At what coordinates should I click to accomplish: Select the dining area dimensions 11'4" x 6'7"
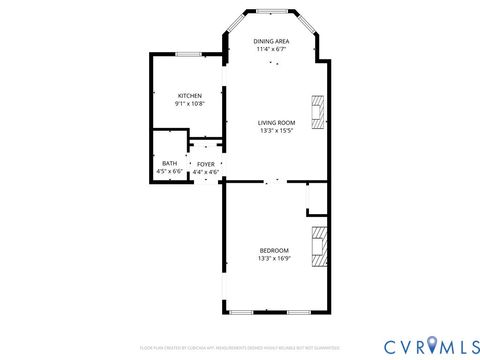click(x=272, y=48)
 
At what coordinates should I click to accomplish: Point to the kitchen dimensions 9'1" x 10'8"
click(x=191, y=103)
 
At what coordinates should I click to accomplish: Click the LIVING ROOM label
click(x=276, y=122)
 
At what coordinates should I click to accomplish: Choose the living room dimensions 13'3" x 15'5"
click(x=276, y=131)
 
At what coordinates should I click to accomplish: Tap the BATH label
click(x=170, y=163)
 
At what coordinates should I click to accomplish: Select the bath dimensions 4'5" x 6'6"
click(x=170, y=172)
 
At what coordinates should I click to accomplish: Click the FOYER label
click(x=205, y=163)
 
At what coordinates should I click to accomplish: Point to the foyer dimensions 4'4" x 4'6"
click(x=205, y=172)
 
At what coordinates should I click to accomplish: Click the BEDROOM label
click(x=274, y=250)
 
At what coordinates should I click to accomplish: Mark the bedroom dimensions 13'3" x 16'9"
click(x=274, y=259)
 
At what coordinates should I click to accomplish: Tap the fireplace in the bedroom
click(x=319, y=246)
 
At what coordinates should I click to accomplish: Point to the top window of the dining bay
click(x=272, y=11)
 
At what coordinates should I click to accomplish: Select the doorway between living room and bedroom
click(x=272, y=182)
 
